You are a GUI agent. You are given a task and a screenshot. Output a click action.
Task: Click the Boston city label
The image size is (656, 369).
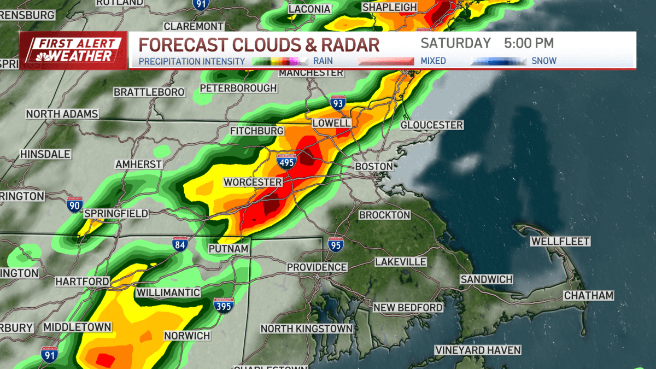click(x=374, y=166)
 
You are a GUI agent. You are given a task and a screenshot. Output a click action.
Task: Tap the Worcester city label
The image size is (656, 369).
click(x=253, y=182)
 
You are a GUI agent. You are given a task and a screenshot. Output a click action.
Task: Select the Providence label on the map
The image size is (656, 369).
click(x=317, y=267)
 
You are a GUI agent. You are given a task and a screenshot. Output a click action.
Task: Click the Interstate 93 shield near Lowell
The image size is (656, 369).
click(x=338, y=102)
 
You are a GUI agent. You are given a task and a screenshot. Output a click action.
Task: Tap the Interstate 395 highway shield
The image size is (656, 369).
click(x=222, y=305)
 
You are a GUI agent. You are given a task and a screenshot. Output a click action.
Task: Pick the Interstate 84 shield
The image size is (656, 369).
click(x=180, y=244)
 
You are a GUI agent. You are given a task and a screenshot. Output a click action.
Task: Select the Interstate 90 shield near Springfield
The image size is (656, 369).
click(x=75, y=204)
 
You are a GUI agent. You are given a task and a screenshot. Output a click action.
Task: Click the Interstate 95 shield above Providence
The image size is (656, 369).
click(x=336, y=244)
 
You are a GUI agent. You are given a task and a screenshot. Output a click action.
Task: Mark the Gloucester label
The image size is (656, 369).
click(x=431, y=125)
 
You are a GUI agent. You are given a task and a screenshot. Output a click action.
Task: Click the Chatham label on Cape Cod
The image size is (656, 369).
click(x=589, y=296)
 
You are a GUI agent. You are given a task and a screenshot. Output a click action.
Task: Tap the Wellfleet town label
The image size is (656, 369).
click(x=560, y=241)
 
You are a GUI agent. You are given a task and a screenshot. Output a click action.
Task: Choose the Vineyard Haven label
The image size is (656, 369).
click(x=478, y=350)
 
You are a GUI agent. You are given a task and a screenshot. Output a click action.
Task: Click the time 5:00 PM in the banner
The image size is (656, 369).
click(x=529, y=43)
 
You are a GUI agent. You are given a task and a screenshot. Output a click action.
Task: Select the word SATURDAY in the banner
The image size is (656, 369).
click(x=455, y=43)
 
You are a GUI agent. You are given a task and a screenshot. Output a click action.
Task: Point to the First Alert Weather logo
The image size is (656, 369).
click(x=74, y=50)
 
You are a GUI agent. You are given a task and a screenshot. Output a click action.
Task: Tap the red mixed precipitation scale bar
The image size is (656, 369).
click(x=386, y=61)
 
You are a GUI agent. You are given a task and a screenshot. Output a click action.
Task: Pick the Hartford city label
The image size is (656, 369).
click(x=82, y=281)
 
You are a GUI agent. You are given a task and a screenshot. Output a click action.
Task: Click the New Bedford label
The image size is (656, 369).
click(x=408, y=308)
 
